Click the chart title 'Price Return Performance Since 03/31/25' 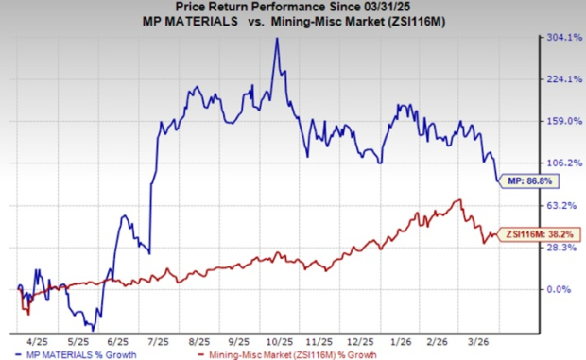coord(283,8)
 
